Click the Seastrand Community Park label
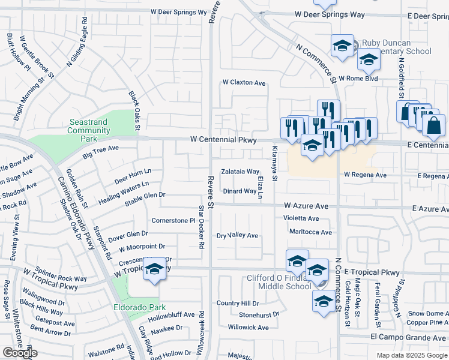pyautogui.click(x=88, y=130)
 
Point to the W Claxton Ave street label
pyautogui.click(x=244, y=83)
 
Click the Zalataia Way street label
pyautogui.click(x=240, y=172)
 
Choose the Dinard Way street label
pyautogui.click(x=240, y=191)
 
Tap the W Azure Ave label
pyautogui.click(x=306, y=205)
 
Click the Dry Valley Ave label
pyautogui.click(x=237, y=236)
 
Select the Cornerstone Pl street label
pyautogui.click(x=174, y=221)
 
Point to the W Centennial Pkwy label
pyautogui.click(x=223, y=139)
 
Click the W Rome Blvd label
pyautogui.click(x=358, y=79)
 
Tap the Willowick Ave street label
pyautogui.click(x=248, y=328)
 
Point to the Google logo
pyautogui.click(x=20, y=353)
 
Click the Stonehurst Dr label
pyautogui.click(x=259, y=314)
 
